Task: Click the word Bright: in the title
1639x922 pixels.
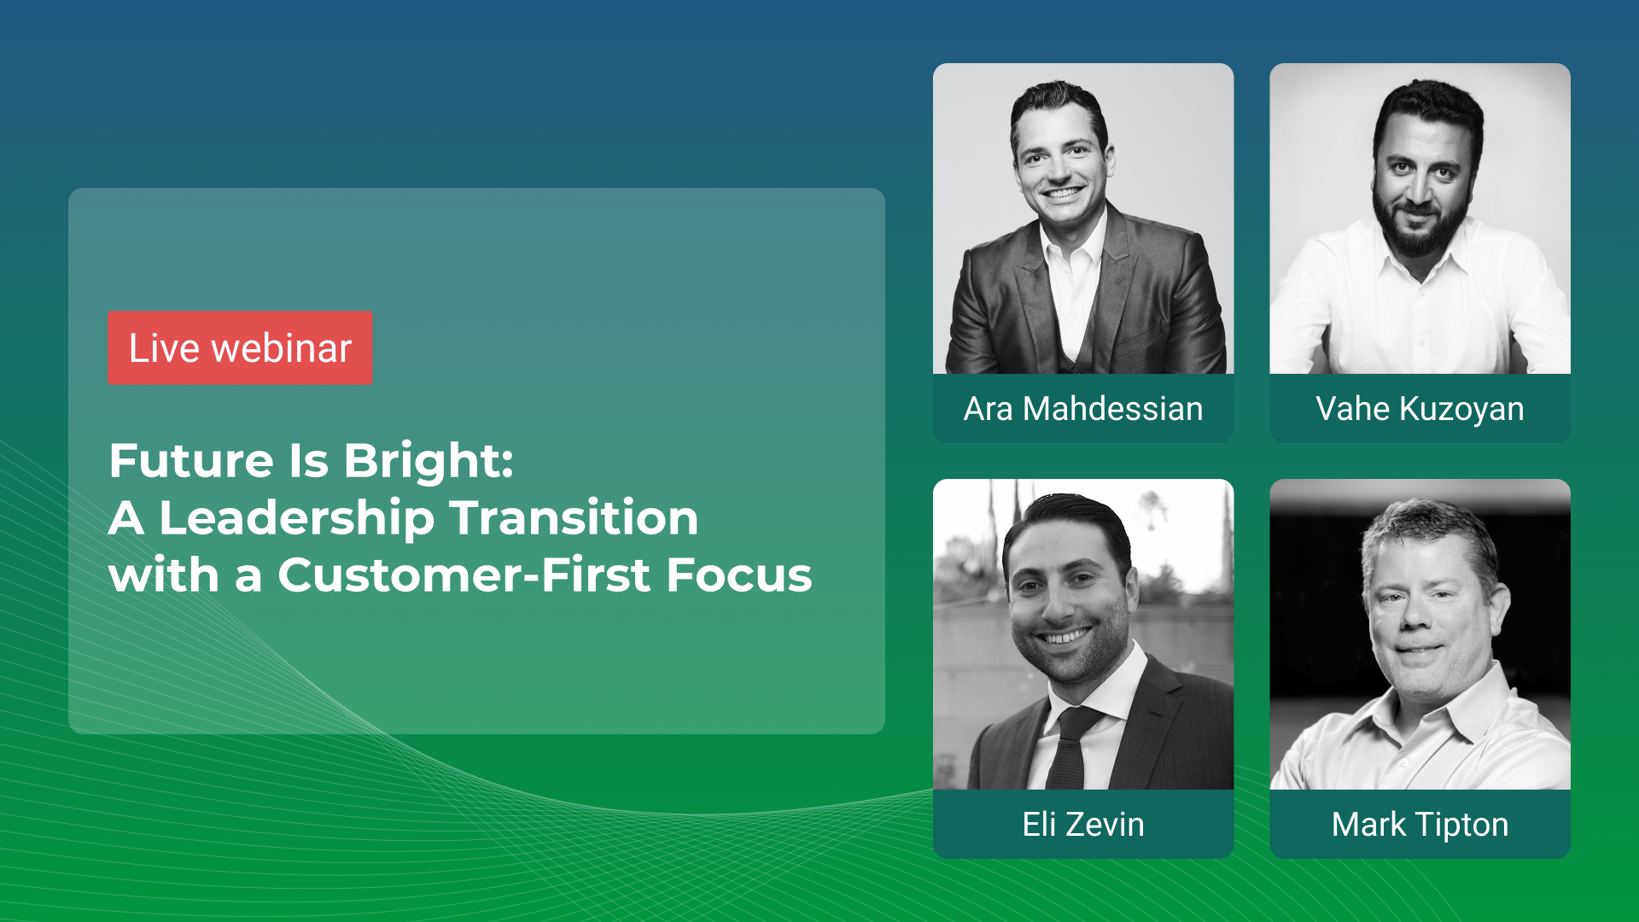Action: (429, 461)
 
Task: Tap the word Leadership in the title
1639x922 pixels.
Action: (296, 518)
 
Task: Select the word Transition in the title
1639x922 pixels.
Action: (574, 518)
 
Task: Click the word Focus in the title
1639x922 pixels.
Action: (738, 575)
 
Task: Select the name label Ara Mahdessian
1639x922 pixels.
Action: (1082, 409)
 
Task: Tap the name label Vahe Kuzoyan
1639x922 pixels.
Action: (1419, 409)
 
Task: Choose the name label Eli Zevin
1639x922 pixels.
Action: (1082, 825)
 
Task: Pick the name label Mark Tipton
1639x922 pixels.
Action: (1419, 825)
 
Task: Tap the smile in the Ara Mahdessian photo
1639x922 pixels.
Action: (1062, 192)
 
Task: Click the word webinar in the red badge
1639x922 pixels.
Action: (282, 348)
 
